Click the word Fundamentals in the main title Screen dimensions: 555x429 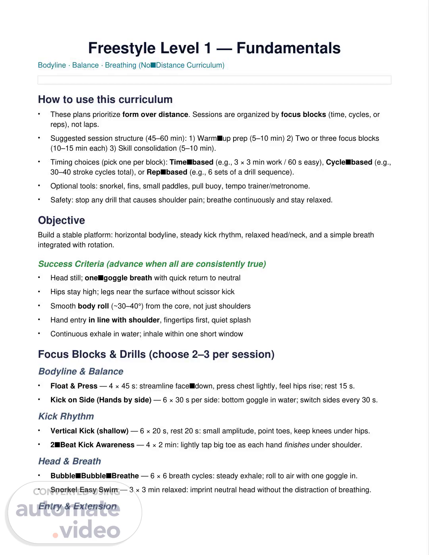(x=288, y=48)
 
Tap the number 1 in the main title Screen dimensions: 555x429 (x=207, y=48)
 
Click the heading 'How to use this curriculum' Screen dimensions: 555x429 (x=105, y=99)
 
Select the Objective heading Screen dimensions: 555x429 (x=62, y=220)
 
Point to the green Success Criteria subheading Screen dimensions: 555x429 (x=152, y=264)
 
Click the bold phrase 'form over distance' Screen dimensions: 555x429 (x=155, y=114)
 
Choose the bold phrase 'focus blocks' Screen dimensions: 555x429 (x=303, y=114)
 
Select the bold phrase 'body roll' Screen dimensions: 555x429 (x=93, y=306)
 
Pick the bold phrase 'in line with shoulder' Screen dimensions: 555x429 (x=124, y=320)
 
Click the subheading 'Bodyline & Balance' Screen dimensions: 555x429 (x=81, y=371)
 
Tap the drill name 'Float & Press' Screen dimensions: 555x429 (x=74, y=386)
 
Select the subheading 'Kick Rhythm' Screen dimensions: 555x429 (x=66, y=416)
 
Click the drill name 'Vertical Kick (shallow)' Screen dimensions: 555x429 (x=89, y=431)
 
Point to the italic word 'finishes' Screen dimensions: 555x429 (x=297, y=445)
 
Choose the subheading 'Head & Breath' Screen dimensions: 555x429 (x=70, y=461)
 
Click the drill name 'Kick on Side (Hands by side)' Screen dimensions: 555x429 (x=101, y=400)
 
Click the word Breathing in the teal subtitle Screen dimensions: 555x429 (x=120, y=65)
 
